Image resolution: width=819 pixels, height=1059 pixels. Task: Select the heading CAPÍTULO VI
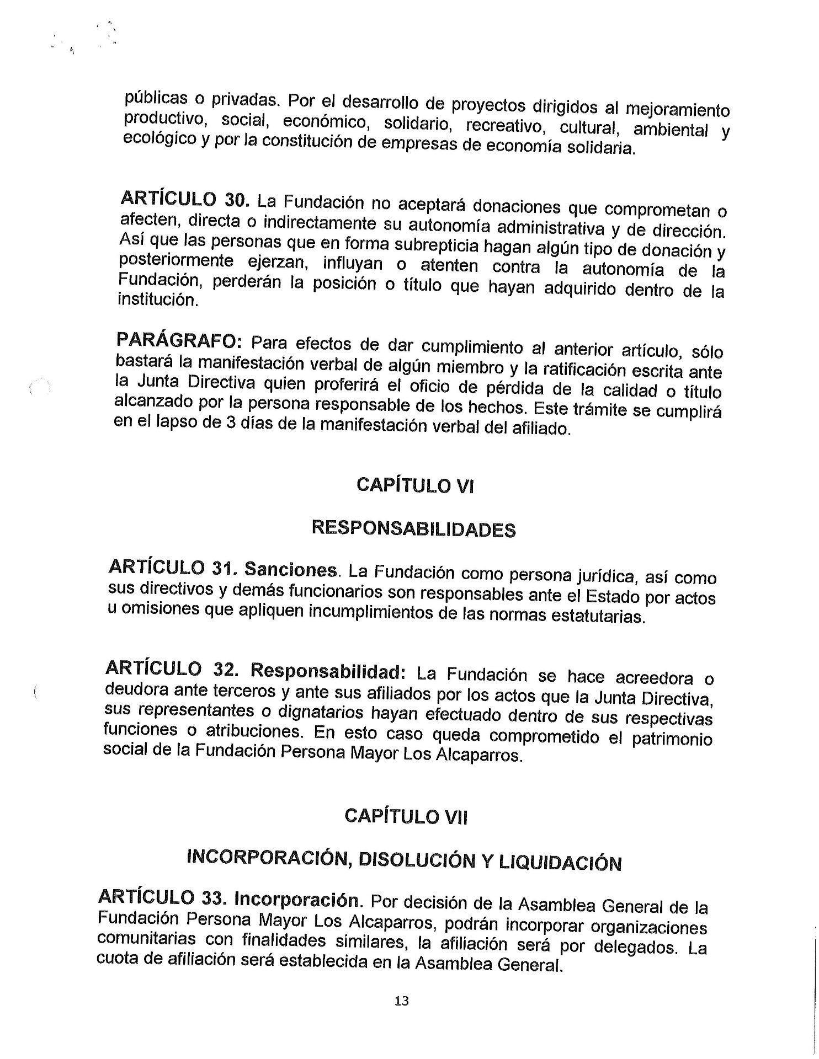point(415,486)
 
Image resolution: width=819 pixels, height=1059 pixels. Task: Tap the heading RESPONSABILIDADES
point(413,528)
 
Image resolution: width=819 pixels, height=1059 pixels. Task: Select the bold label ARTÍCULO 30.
point(185,199)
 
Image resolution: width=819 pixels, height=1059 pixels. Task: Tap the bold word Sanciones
point(291,569)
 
